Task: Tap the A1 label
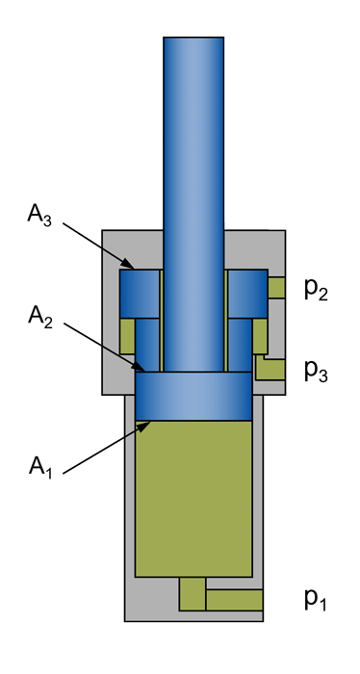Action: [39, 468]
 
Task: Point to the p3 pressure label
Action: [317, 369]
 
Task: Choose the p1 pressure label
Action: [317, 600]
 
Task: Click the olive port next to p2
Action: [276, 287]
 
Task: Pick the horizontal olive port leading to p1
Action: [235, 599]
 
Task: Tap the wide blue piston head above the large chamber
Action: [193, 396]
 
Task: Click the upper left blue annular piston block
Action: [140, 293]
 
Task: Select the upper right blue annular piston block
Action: [247, 293]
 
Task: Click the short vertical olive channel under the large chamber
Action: [193, 592]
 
